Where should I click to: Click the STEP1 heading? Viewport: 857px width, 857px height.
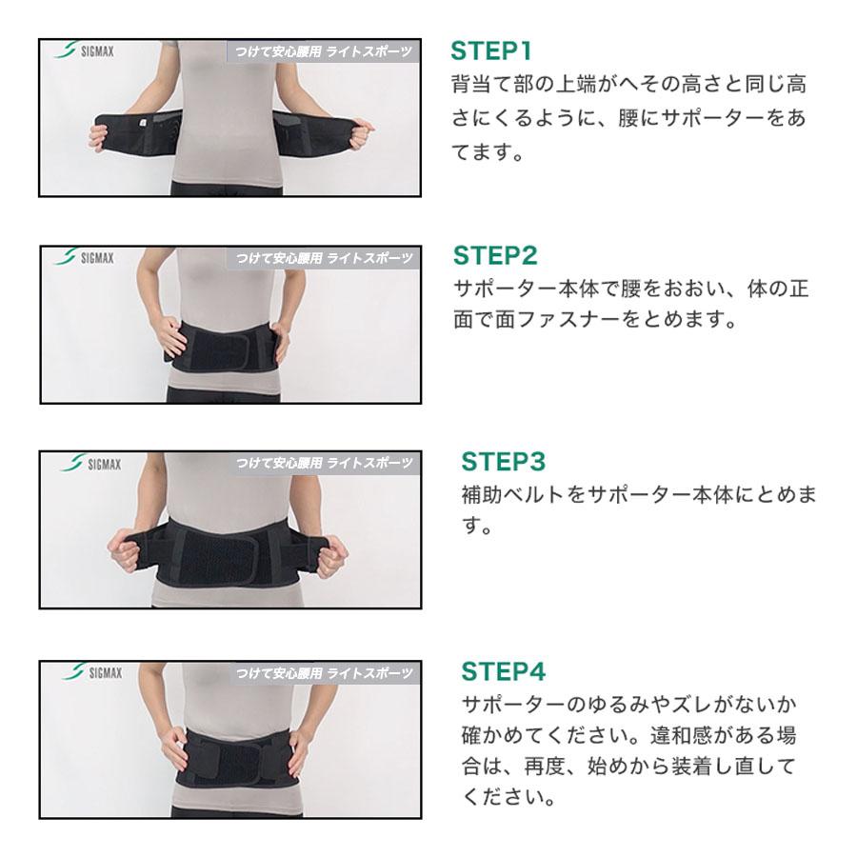[x=490, y=50]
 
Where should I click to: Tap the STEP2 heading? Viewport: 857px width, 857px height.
[x=495, y=256]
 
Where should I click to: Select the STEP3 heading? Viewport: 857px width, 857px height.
[x=503, y=461]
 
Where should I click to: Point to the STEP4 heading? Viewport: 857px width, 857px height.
[x=503, y=671]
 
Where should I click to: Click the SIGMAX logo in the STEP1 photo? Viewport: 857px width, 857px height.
[x=84, y=50]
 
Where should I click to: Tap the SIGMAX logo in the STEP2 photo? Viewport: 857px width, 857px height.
[x=84, y=257]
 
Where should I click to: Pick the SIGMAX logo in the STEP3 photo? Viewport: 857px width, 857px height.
[x=90, y=464]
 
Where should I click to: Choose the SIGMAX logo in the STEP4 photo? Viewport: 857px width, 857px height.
[x=91, y=671]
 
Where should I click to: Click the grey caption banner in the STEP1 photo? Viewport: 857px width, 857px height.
[x=323, y=51]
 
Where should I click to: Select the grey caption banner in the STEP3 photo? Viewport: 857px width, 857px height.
[x=324, y=464]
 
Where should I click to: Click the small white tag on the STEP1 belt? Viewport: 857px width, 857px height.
[x=143, y=124]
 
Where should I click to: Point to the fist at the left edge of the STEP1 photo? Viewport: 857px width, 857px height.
[x=98, y=136]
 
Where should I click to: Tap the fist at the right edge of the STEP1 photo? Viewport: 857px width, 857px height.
[x=361, y=133]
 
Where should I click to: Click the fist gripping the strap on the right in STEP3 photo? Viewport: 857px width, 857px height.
[x=329, y=556]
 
